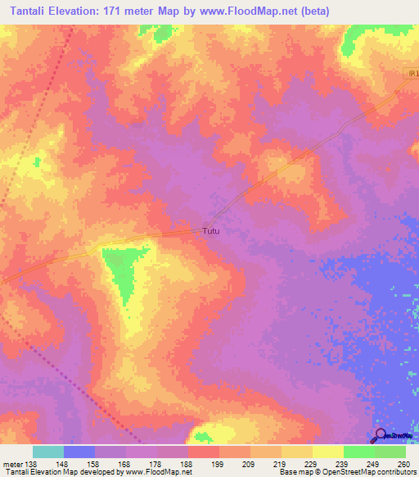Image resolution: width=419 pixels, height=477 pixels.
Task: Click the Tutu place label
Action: coord(211,232)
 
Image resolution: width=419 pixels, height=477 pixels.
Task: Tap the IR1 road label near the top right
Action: coord(413,74)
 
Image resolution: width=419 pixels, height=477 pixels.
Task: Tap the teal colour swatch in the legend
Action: coord(47,452)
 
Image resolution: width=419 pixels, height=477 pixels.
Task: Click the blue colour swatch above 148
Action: coord(79,452)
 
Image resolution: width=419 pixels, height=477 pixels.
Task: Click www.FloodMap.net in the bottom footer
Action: coord(160,472)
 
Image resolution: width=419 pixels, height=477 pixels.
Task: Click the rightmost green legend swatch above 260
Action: coord(390,452)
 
